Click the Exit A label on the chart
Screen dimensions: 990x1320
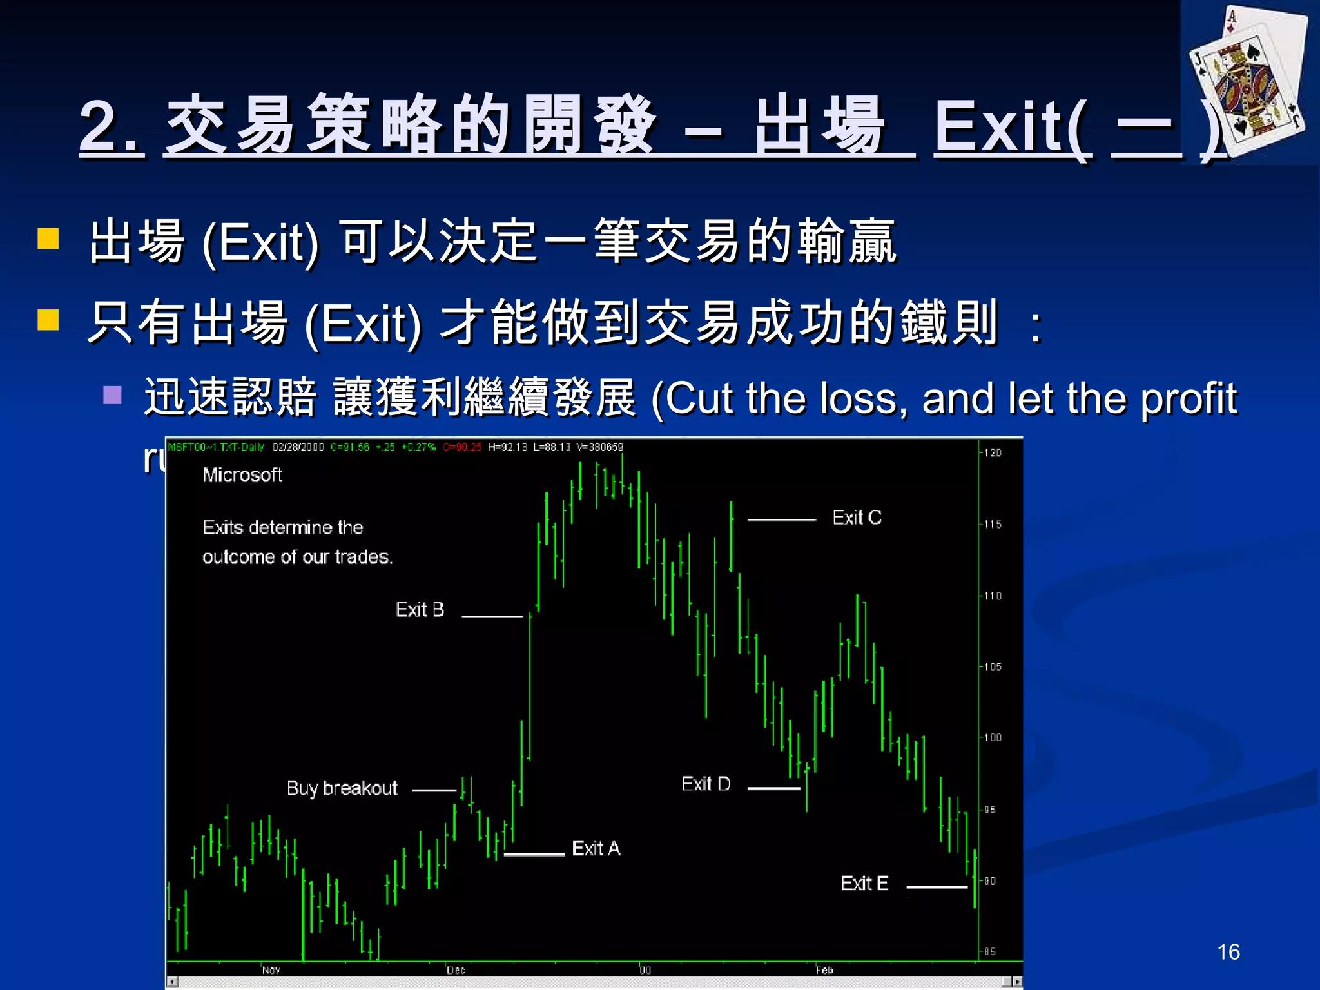596,848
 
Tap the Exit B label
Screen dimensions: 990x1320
420,609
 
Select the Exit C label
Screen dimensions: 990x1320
857,518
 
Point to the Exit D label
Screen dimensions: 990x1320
706,784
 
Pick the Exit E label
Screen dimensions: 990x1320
864,883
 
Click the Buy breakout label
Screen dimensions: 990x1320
342,788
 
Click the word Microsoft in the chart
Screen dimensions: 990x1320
242,475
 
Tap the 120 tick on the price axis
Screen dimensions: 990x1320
993,453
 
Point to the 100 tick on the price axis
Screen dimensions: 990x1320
993,737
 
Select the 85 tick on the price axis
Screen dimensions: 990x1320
989,951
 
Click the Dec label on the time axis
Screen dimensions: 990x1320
456,970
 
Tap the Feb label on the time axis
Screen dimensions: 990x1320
824,970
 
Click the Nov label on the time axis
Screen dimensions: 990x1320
271,970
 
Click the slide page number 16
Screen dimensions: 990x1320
1228,952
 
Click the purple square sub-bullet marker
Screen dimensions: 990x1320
112,394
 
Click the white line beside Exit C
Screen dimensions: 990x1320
781,519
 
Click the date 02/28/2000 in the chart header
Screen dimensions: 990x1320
298,447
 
